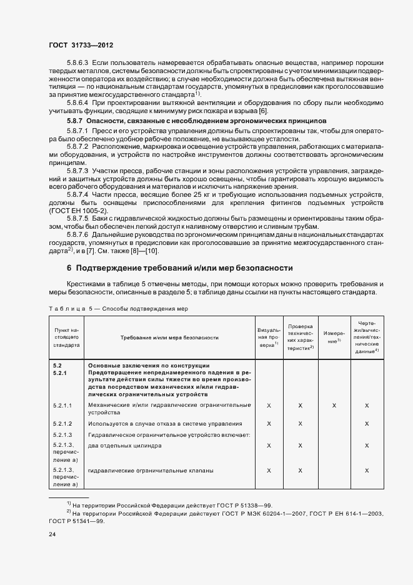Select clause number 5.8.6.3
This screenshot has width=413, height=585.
77,64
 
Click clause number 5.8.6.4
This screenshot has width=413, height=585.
77,102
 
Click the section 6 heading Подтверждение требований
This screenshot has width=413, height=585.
180,268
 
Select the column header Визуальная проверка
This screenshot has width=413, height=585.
268,337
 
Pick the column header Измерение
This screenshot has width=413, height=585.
333,337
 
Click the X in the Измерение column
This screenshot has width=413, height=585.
334,406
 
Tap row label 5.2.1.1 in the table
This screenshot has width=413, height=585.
62,406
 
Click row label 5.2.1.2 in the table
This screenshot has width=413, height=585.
62,424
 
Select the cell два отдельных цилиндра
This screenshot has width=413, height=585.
125,446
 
